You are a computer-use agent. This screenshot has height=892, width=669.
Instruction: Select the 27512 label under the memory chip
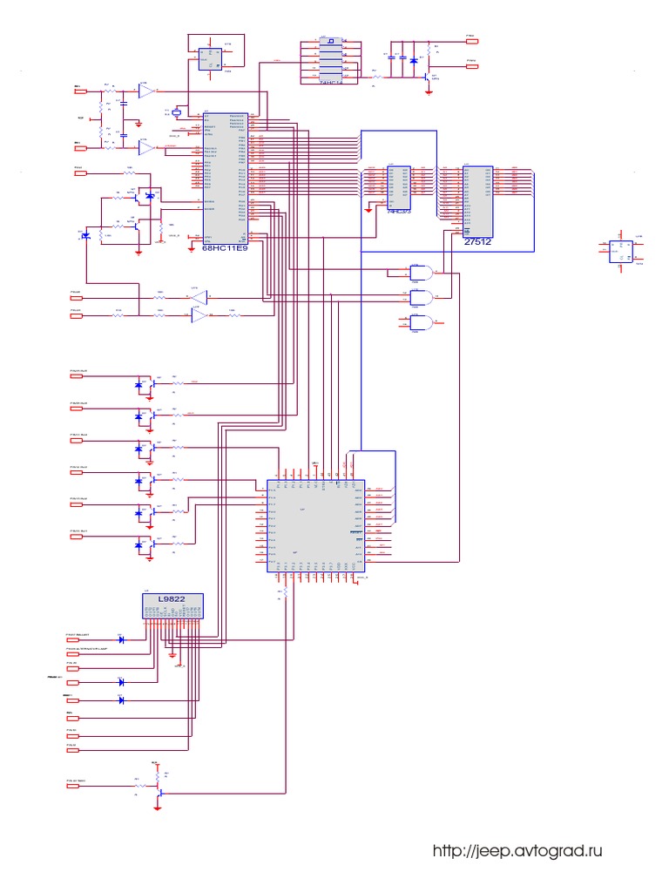(477, 243)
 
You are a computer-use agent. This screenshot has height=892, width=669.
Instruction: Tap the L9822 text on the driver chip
(172, 598)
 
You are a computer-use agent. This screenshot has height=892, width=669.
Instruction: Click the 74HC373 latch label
(399, 211)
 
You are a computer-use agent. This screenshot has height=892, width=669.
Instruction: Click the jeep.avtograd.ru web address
(517, 851)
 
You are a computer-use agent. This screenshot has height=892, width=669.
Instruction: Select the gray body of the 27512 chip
(478, 200)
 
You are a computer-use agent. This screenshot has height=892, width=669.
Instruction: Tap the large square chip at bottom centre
(314, 525)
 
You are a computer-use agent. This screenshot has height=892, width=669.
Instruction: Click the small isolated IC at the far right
(621, 251)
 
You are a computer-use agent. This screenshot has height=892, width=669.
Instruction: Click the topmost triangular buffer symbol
(146, 91)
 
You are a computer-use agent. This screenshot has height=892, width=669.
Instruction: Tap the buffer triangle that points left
(199, 297)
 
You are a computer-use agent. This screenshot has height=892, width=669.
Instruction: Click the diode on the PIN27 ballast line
(121, 640)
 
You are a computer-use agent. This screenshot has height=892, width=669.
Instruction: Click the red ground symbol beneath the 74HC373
(368, 209)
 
